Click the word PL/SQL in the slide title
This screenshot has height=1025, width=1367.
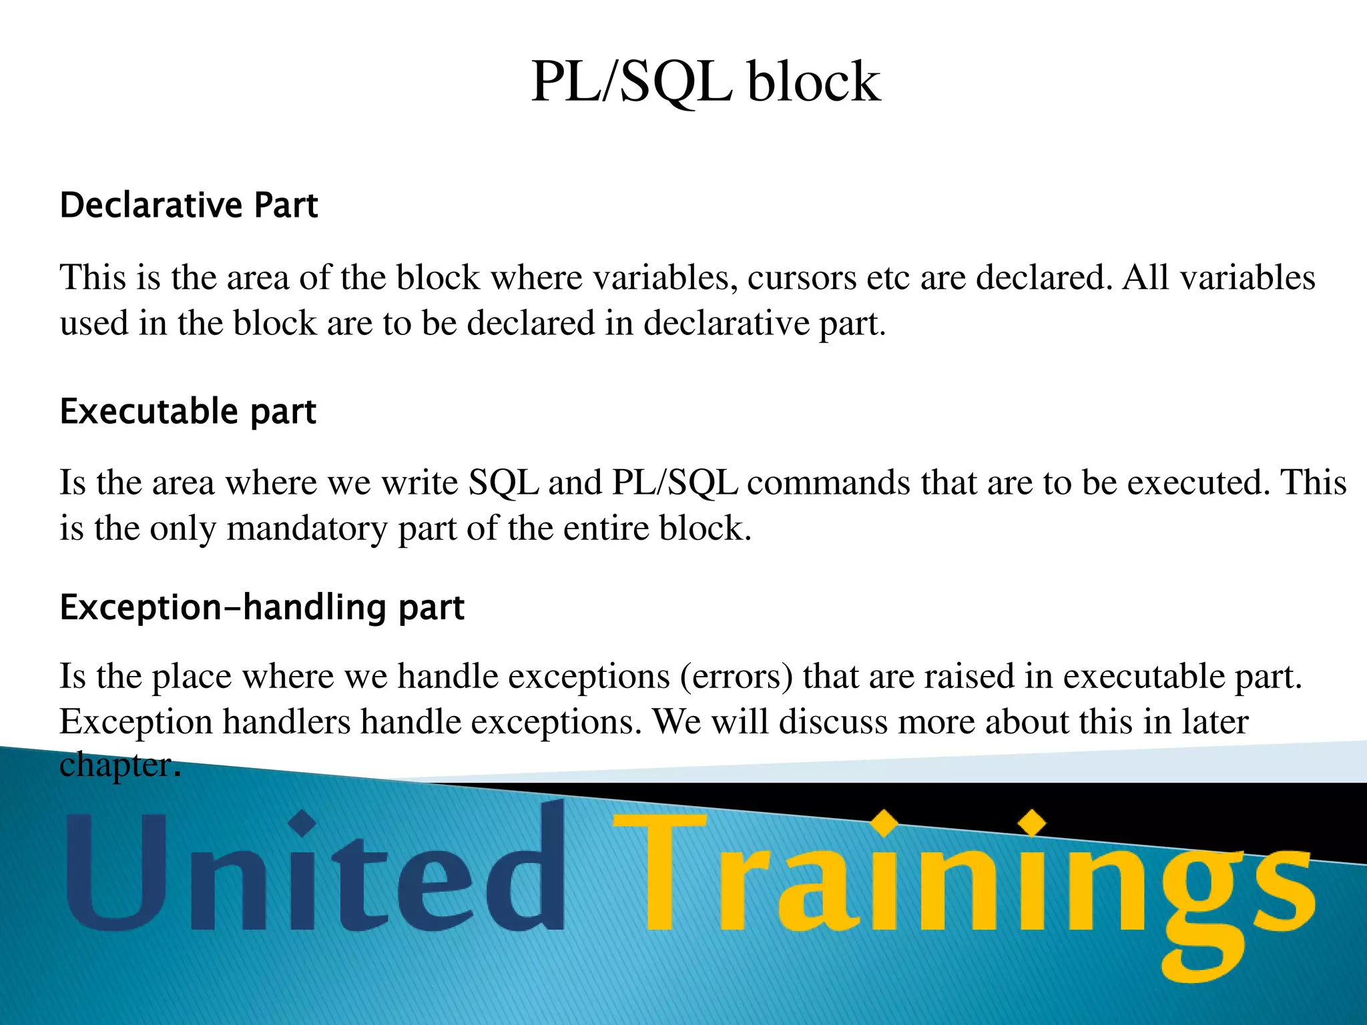(631, 82)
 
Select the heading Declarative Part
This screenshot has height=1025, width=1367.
(189, 205)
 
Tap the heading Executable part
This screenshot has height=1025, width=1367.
(188, 411)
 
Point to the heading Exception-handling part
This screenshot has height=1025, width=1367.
(262, 607)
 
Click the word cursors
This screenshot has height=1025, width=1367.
(801, 278)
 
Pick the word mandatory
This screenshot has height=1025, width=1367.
(306, 529)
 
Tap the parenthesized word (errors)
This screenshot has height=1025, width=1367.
(736, 676)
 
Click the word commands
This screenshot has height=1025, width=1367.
(828, 482)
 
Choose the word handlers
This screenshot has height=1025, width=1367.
(286, 722)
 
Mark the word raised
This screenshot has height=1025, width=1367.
(969, 676)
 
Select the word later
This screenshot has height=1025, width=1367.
(1214, 722)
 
